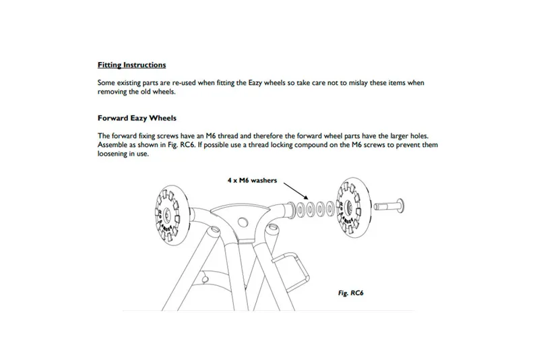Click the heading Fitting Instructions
[x=131, y=65]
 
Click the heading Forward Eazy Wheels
[x=137, y=118]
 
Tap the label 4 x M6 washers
[x=252, y=181]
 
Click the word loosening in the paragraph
[x=115, y=154]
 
